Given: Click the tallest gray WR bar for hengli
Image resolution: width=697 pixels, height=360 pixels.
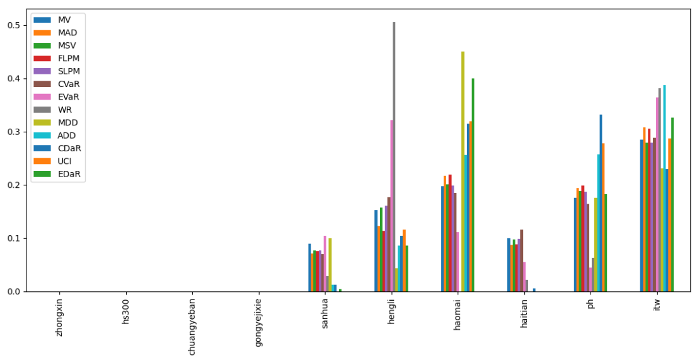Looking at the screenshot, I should coord(394,158).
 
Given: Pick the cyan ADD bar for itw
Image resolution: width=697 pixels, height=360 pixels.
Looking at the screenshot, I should coord(664,189).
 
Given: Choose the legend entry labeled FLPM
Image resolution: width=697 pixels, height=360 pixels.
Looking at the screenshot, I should coord(68,59).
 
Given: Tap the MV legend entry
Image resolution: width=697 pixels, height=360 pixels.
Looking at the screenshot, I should coord(64,20).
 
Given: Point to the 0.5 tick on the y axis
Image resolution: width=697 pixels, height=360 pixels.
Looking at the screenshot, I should coord(13,26).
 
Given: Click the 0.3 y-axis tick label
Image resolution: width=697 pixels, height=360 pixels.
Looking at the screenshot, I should coord(13,132).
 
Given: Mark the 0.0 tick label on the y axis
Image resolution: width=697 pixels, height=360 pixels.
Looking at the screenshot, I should coord(13,292).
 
